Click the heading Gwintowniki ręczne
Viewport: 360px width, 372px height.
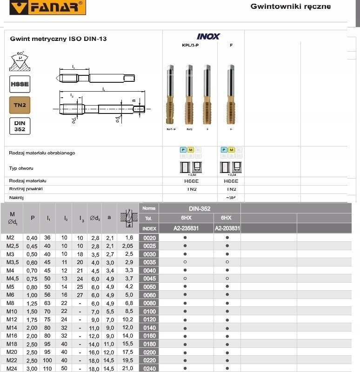click(x=290, y=7)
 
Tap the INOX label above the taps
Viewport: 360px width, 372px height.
click(x=208, y=36)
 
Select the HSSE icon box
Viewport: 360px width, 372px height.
click(x=20, y=84)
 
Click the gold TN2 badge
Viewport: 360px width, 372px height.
click(x=20, y=105)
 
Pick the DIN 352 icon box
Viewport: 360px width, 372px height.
click(x=20, y=126)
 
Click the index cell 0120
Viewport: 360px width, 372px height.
click(x=149, y=319)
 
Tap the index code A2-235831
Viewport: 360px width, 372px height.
click(x=186, y=228)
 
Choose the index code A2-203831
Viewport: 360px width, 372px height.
click(x=227, y=228)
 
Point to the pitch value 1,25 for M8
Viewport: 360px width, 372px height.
click(x=33, y=303)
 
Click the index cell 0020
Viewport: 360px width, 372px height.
click(x=149, y=238)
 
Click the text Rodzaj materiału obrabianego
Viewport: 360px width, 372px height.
click(x=42, y=153)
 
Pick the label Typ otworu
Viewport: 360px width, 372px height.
click(x=21, y=168)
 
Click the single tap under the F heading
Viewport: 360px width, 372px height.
click(x=231, y=95)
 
